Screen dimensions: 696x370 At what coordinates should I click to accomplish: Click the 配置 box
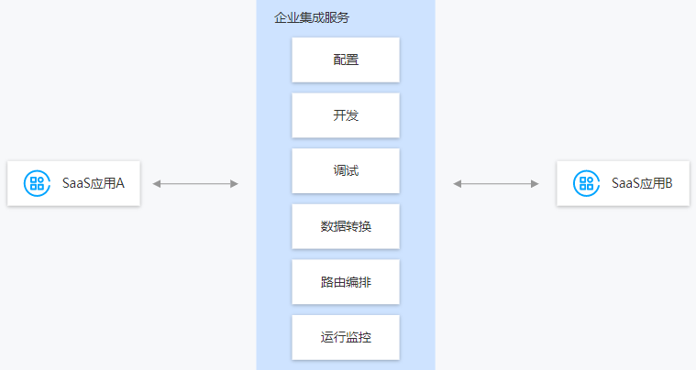pos(346,60)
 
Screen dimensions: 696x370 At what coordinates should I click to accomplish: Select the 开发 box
pos(346,115)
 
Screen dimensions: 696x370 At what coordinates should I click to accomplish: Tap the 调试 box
pos(346,170)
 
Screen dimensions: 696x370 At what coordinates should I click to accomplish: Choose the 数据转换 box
pos(346,226)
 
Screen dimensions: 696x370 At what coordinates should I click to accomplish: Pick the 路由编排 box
pos(346,282)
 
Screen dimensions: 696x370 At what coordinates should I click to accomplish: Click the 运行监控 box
pos(346,337)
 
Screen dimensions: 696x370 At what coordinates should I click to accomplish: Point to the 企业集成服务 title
pos(312,17)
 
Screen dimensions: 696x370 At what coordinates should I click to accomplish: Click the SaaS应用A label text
pos(94,183)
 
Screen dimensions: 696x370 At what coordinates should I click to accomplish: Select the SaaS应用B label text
pos(642,183)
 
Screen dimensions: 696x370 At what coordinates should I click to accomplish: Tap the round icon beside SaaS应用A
pos(37,183)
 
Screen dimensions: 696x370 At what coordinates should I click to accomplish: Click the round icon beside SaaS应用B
pos(586,183)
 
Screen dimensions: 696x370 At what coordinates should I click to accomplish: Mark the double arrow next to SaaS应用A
pos(195,184)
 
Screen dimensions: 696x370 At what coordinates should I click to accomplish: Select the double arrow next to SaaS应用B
pos(496,184)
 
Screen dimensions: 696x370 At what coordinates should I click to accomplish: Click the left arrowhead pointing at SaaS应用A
pos(156,184)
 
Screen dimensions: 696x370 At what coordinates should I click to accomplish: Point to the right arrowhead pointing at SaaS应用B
pos(535,184)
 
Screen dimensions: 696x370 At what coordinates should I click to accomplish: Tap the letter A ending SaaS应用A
pos(120,183)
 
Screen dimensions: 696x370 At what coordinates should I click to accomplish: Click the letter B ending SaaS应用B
pos(668,183)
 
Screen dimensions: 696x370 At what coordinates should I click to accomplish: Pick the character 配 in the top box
pos(339,60)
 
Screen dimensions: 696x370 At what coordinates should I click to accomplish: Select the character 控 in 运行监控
pos(365,337)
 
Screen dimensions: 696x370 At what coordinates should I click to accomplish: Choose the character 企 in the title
pos(281,17)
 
